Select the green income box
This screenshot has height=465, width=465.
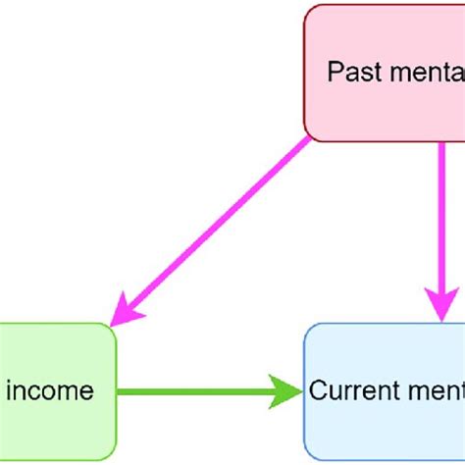coord(55,391)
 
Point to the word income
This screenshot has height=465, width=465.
coord(50,391)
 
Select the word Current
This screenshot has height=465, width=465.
coord(348,391)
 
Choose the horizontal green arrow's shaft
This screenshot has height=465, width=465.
coord(196,391)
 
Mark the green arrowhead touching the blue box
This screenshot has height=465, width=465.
coord(288,391)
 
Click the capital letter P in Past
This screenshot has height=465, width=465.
coord(334,73)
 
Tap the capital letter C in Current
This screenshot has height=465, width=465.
coord(317,391)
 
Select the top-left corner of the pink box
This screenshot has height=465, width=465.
coord(307,8)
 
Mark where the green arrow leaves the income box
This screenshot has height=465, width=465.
coord(118,391)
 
